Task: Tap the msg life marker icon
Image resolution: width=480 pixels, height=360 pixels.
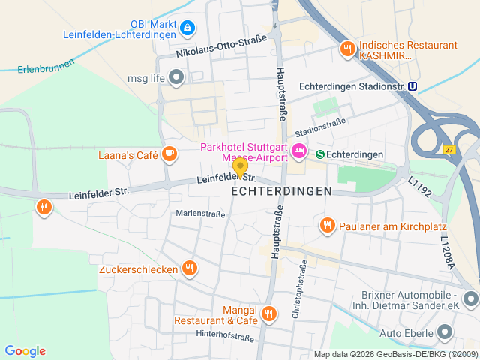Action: coord(176,76)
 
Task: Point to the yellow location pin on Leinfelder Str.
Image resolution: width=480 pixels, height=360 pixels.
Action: coord(240,167)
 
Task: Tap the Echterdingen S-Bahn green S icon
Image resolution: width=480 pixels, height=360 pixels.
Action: coord(320,154)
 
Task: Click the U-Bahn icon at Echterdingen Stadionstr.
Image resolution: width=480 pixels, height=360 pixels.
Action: coord(412,86)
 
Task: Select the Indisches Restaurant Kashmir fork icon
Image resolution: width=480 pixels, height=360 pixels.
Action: coord(346,49)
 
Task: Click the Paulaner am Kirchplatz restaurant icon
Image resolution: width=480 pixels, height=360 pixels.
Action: coord(327,225)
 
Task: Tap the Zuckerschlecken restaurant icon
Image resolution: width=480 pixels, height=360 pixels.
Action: coord(190,268)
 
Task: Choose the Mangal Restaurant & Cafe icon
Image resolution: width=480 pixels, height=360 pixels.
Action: coord(269,313)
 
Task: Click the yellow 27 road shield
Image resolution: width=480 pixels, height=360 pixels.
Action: coord(448,149)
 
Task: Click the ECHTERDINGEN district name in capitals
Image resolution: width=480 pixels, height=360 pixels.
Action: coord(281,192)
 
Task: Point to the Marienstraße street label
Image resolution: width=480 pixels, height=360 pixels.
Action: coord(200,214)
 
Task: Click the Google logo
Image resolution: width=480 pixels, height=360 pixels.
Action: coord(25,351)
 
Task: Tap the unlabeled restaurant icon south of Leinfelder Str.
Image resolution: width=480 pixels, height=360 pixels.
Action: coord(44,206)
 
